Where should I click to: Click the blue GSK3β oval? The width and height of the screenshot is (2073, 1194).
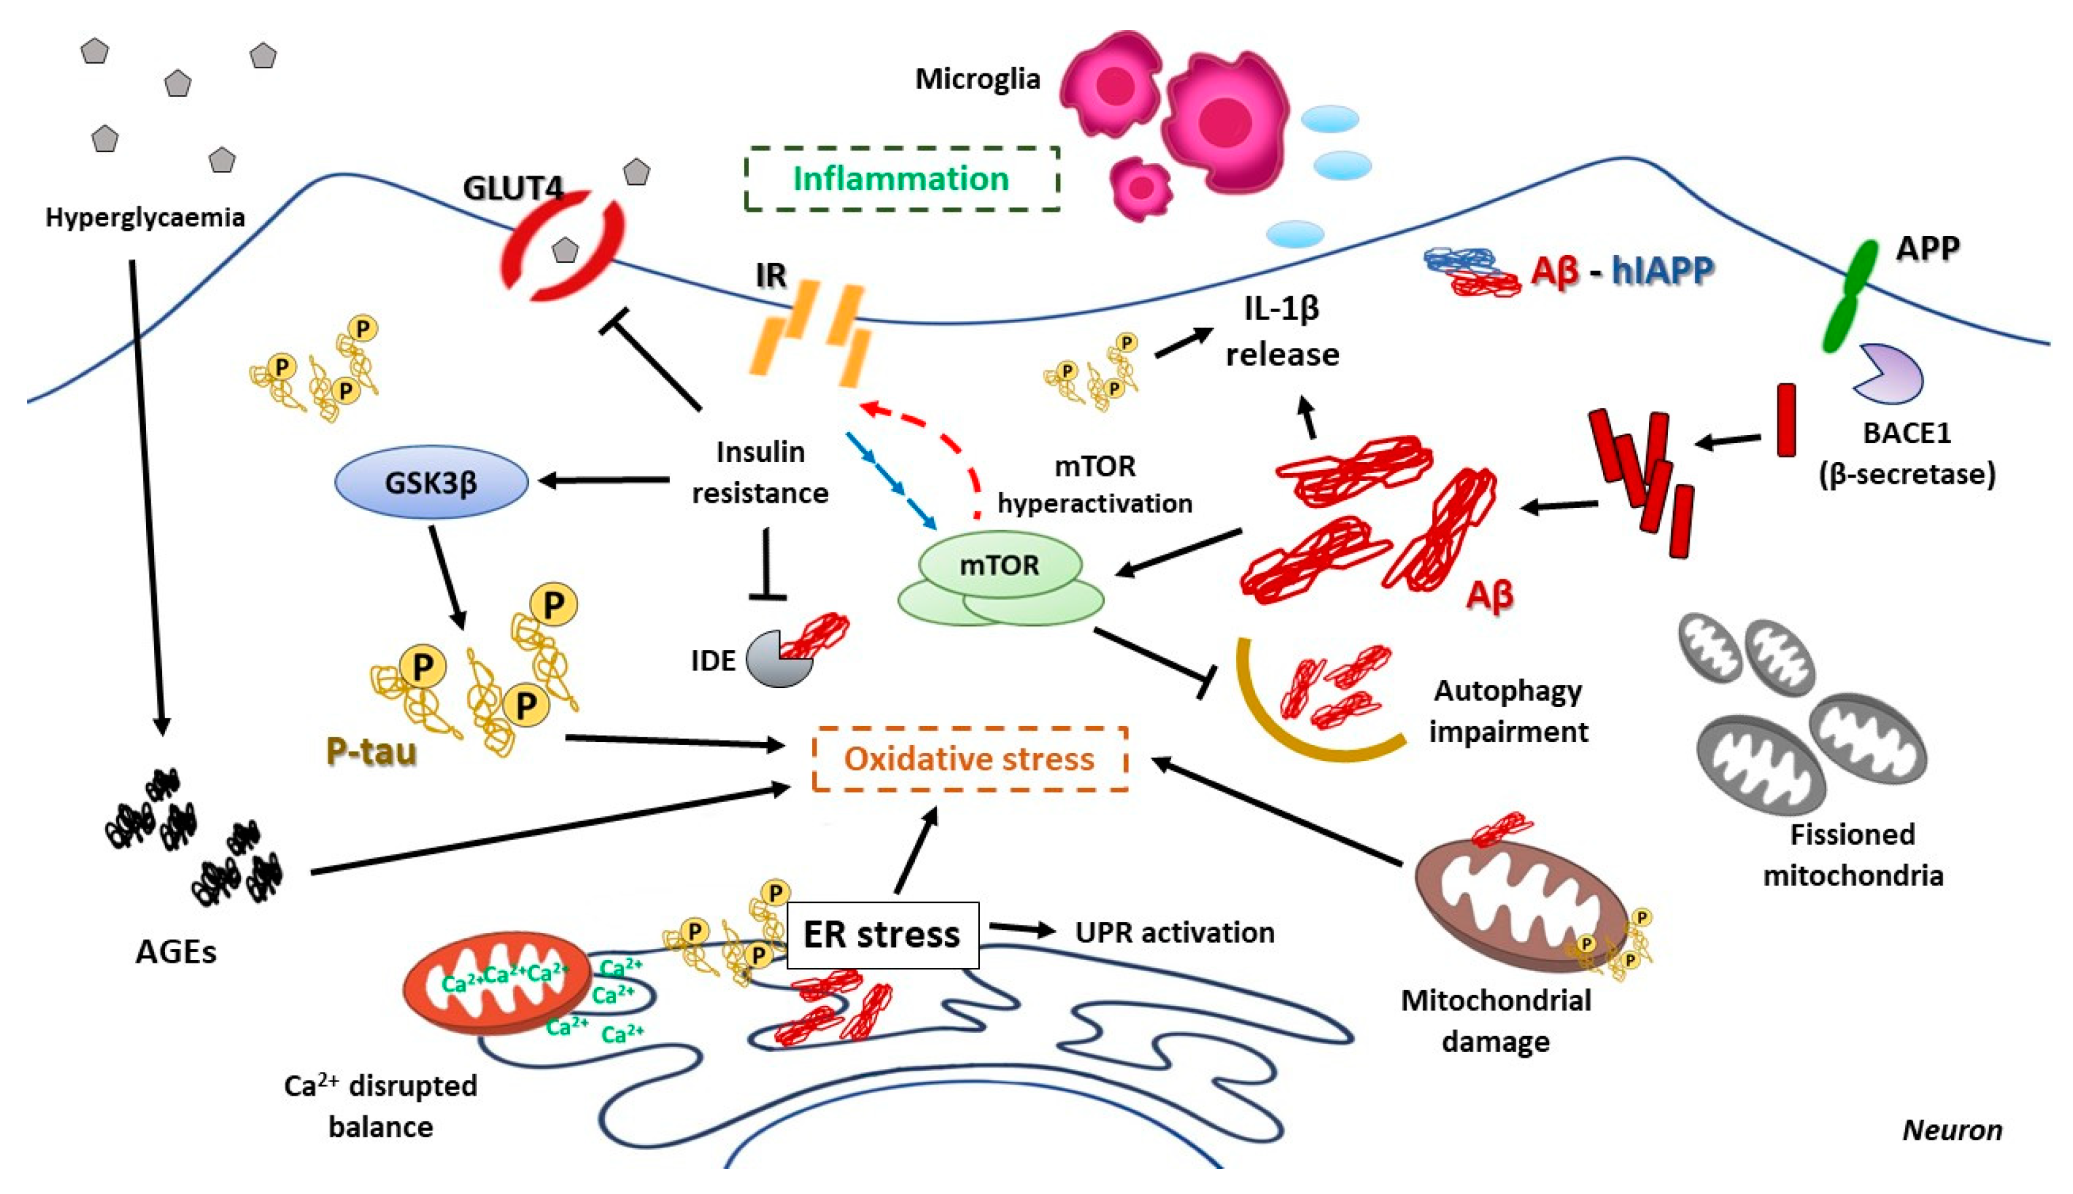click(x=431, y=482)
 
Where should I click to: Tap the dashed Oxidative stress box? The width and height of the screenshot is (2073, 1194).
click(x=969, y=759)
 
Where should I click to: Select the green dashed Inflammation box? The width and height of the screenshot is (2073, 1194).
click(x=901, y=179)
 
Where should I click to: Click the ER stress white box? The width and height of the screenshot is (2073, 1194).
click(x=882, y=935)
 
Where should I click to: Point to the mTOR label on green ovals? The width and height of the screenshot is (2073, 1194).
click(x=999, y=565)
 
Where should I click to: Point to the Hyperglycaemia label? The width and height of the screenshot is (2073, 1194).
click(x=145, y=218)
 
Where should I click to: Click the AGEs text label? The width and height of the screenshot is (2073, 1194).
click(x=176, y=952)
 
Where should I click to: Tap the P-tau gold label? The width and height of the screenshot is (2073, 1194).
click(x=372, y=750)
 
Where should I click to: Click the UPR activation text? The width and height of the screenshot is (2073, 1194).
click(x=1174, y=933)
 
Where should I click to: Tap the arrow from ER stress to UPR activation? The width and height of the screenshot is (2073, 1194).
click(x=1022, y=929)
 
